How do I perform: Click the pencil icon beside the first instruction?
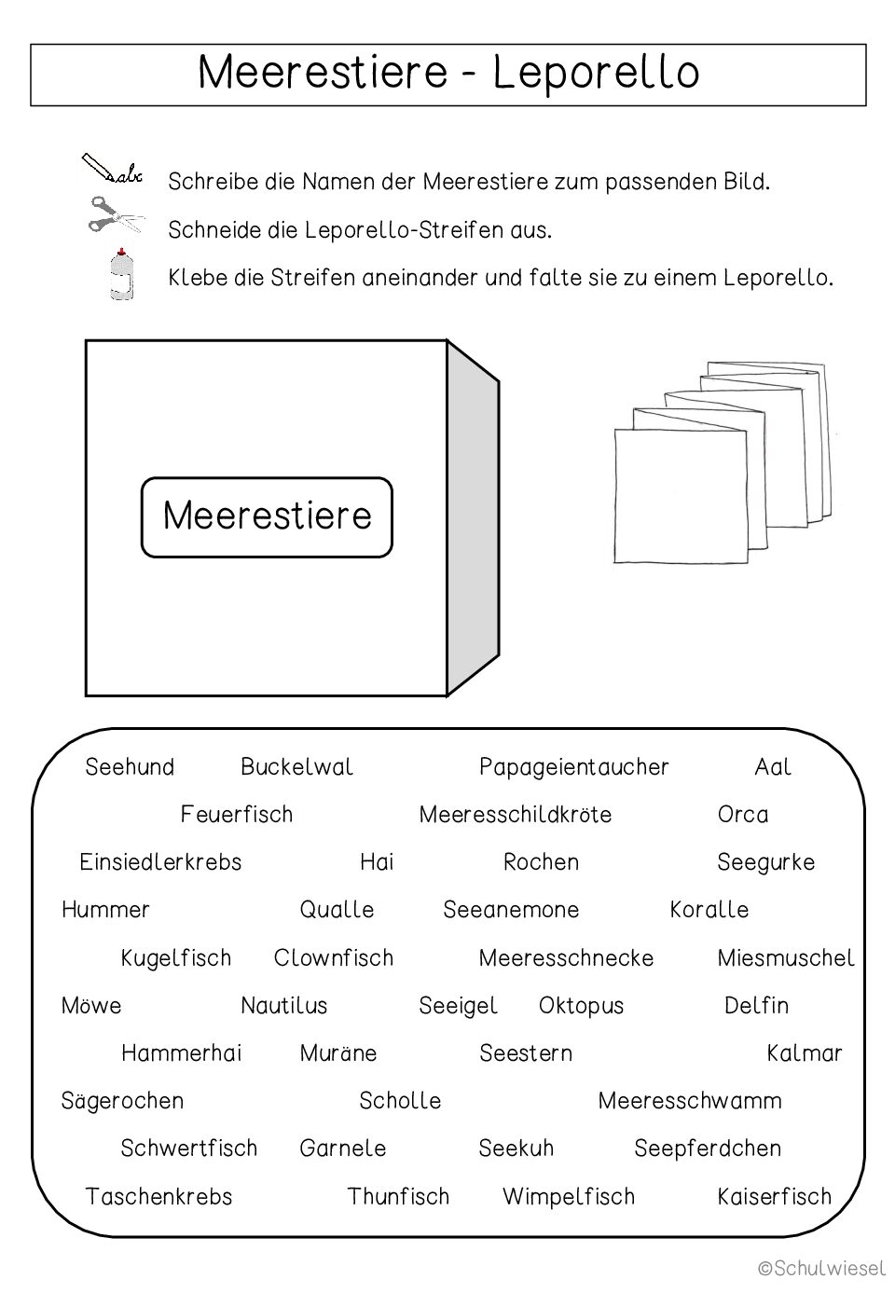coord(111,170)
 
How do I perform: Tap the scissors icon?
coord(115,215)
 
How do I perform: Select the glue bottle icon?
coord(120,274)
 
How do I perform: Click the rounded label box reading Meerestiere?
coord(267,516)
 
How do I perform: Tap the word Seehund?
coord(130,767)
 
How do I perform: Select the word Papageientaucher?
coord(573,767)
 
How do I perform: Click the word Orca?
coord(743,815)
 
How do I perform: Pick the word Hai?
coord(377,862)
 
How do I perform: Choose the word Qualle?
coord(337,910)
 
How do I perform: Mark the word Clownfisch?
coord(334,958)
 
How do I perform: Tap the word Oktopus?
coord(581,1006)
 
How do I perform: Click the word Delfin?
coord(756,1006)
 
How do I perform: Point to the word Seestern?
coord(526,1053)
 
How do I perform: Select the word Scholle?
coord(400,1101)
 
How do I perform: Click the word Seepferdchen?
coord(708,1149)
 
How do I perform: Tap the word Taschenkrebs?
coord(158,1197)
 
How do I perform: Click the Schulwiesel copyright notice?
coord(821,1268)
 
